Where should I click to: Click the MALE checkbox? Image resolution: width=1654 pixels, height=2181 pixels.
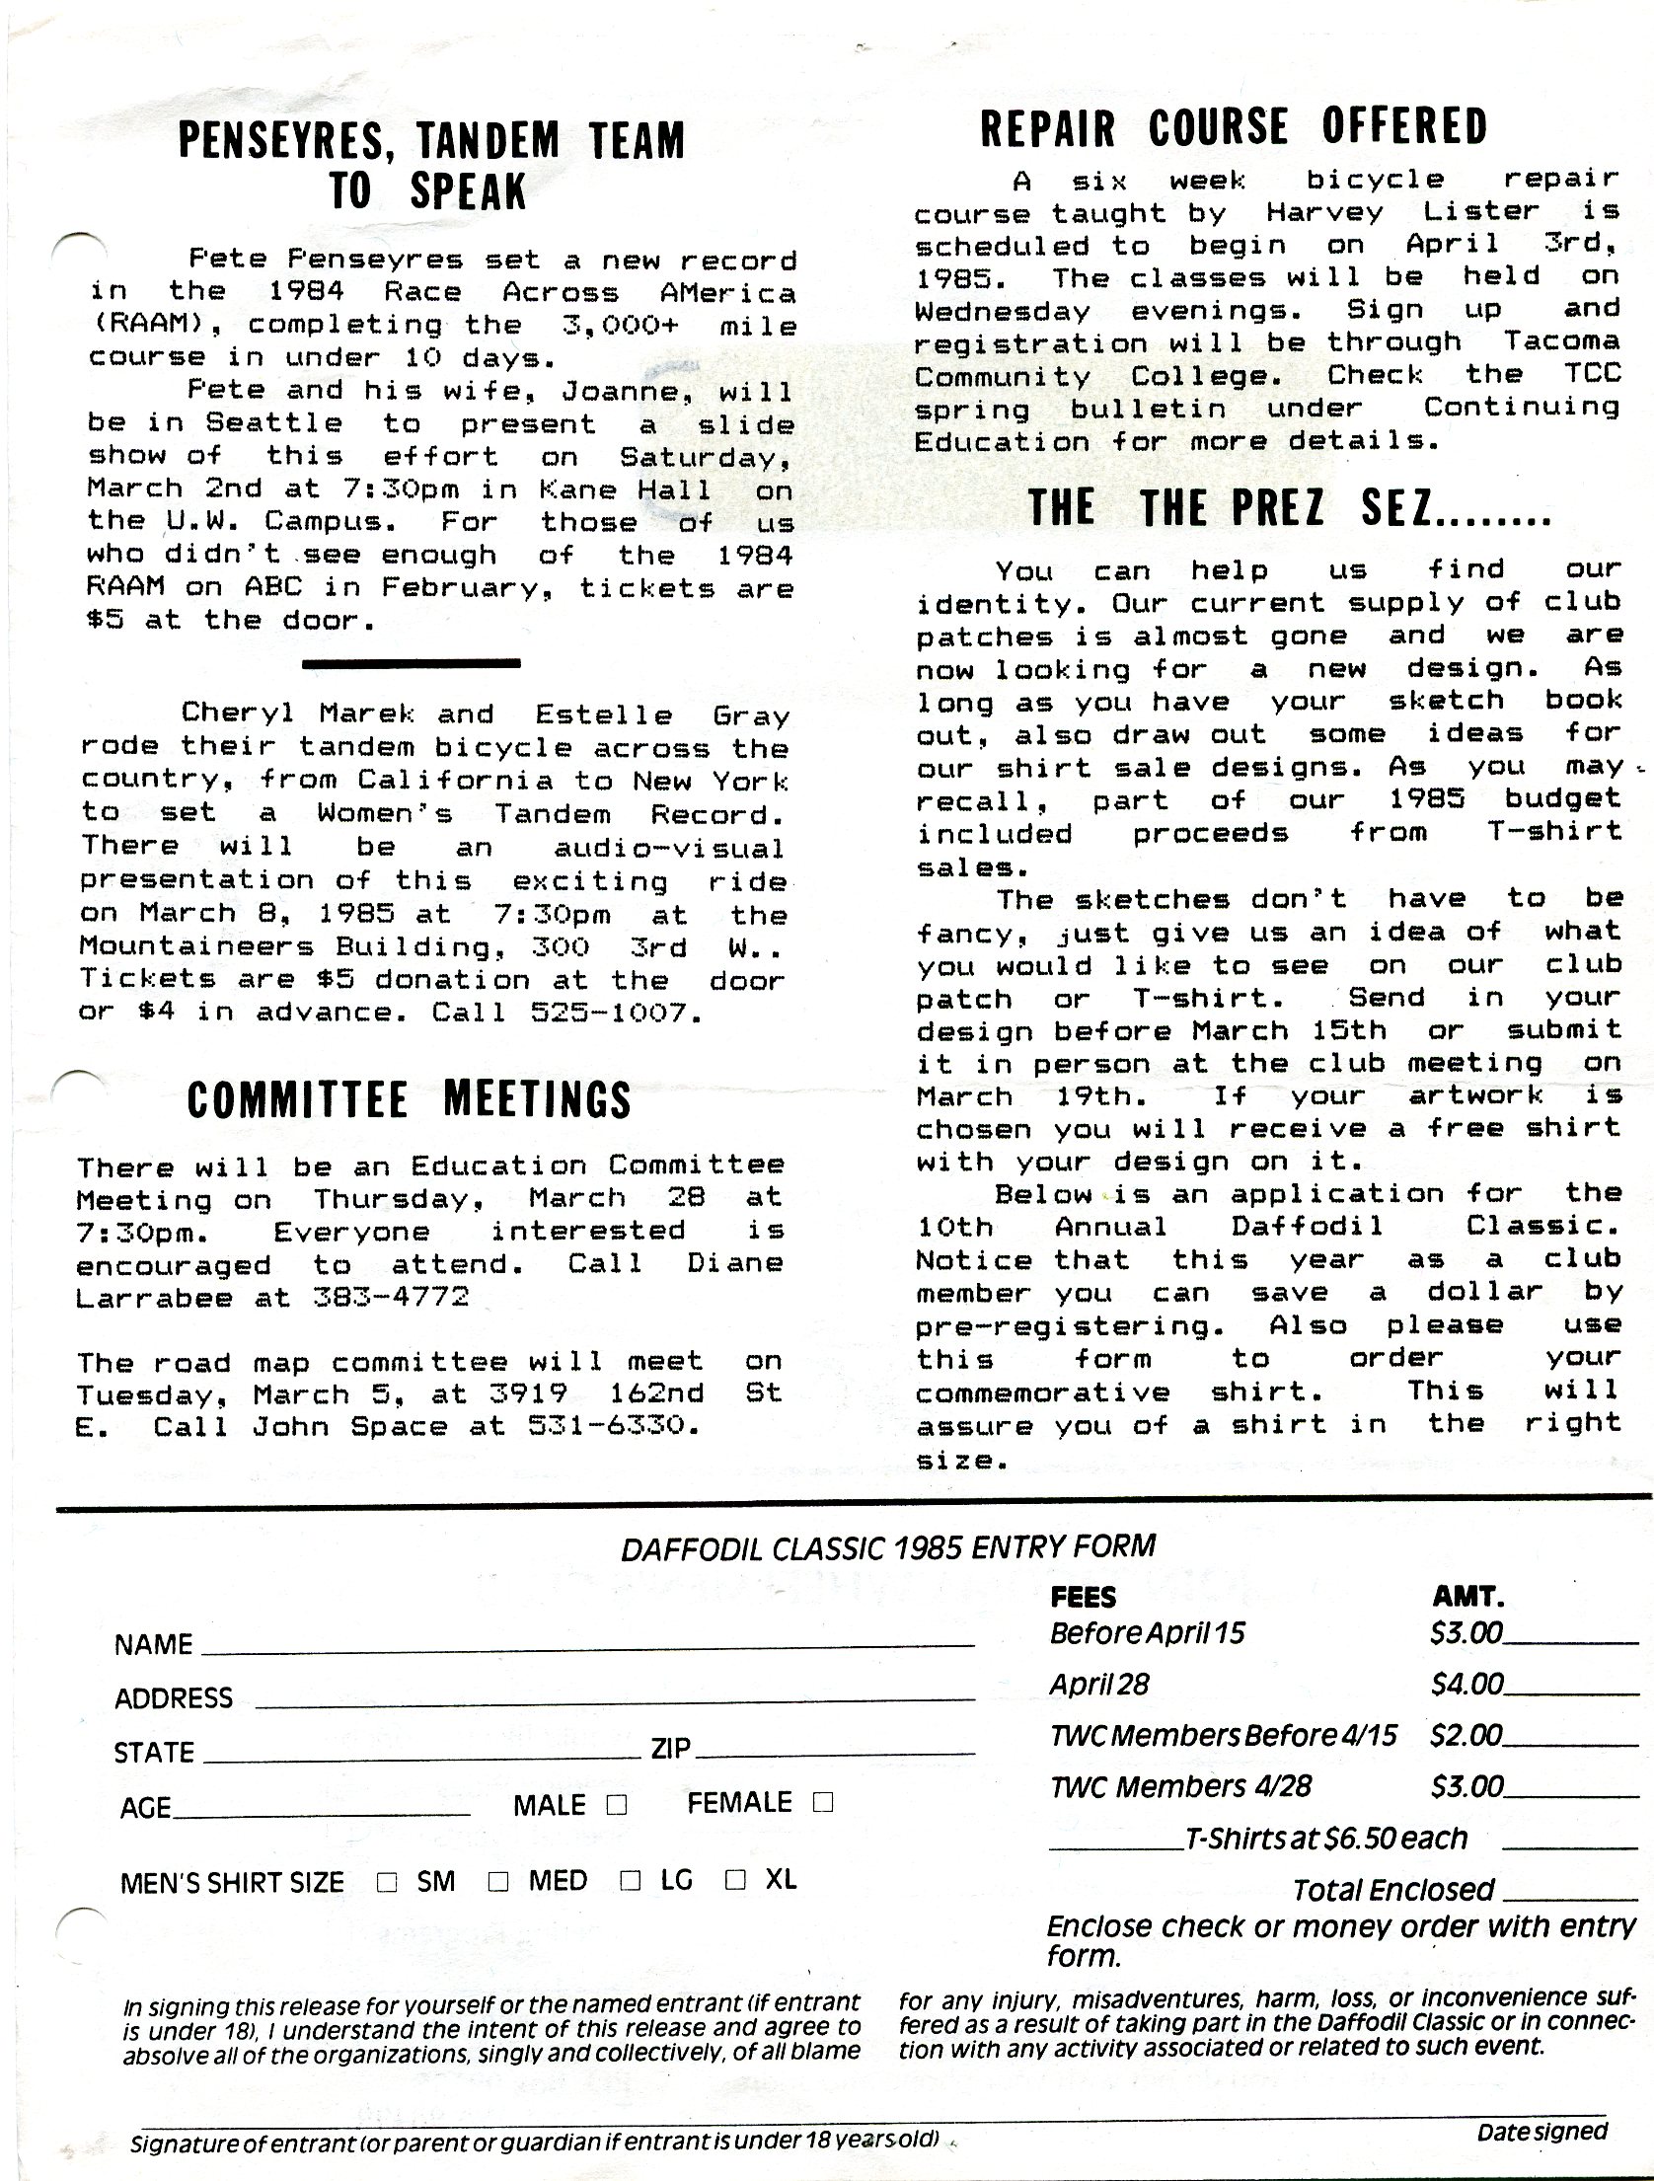(x=617, y=1805)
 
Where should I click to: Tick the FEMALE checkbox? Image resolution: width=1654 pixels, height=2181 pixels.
(x=822, y=1803)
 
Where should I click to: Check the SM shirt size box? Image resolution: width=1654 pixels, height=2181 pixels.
(x=387, y=1882)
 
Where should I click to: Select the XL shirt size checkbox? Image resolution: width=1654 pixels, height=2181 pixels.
(x=735, y=1879)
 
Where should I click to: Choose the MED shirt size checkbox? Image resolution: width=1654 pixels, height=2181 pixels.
(x=498, y=1882)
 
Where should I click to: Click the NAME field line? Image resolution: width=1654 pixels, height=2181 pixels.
(x=587, y=1644)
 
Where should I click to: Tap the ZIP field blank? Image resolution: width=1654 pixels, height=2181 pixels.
(x=834, y=1754)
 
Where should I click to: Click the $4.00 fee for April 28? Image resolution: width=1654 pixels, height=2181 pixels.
(x=1466, y=1684)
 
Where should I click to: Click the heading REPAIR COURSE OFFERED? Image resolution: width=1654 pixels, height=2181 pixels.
(x=1234, y=128)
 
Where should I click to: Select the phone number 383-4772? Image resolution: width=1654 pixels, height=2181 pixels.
(x=391, y=1298)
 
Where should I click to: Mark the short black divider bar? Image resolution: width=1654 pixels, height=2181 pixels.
(x=411, y=663)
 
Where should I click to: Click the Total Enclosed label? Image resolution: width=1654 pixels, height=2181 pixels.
(x=1393, y=1889)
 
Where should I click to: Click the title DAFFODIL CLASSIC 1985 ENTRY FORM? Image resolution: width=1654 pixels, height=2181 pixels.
(x=887, y=1546)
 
